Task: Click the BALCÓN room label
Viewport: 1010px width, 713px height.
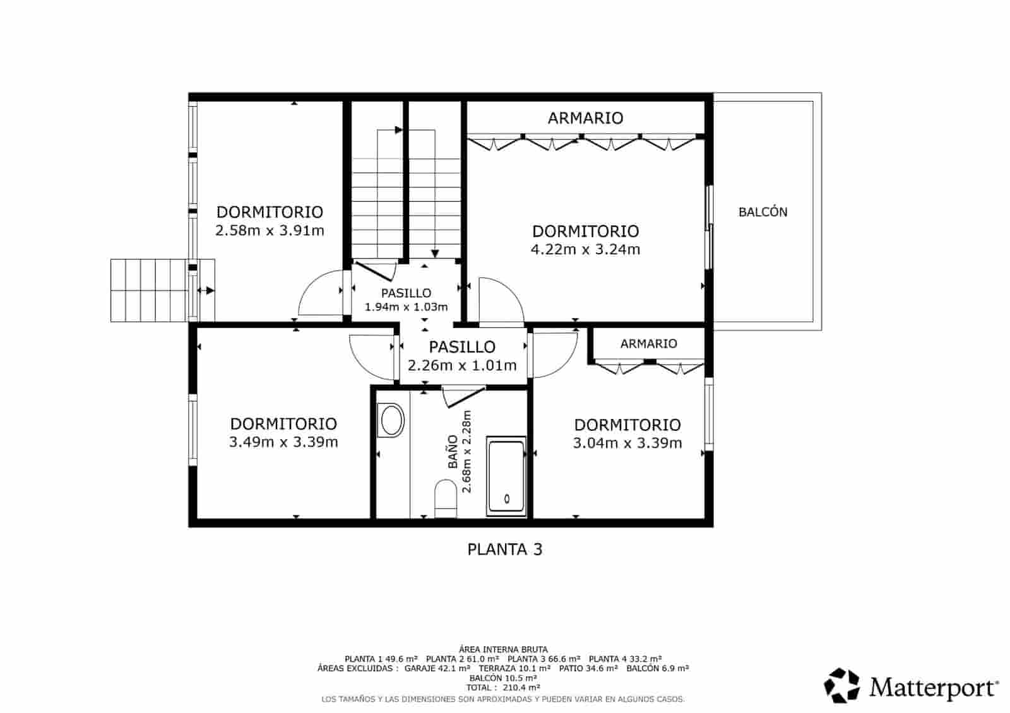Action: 763,212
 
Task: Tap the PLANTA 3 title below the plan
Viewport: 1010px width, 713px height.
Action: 504,550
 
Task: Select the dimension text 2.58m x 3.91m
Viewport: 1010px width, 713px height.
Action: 270,230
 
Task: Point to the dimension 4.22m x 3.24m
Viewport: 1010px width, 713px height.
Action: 585,249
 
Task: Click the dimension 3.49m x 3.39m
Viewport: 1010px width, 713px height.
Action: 283,442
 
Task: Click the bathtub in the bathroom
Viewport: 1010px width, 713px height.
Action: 506,476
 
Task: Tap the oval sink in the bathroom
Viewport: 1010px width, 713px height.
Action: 391,420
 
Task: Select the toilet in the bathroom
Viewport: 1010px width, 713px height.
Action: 446,499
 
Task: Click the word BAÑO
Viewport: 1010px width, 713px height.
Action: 453,452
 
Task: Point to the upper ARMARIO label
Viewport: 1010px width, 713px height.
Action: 585,118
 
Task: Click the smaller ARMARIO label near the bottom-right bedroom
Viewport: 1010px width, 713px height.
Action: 648,344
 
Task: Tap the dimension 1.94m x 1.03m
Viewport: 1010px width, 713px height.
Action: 406,307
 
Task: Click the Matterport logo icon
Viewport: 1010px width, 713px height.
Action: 841,685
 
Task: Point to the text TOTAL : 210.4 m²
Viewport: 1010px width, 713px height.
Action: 502,687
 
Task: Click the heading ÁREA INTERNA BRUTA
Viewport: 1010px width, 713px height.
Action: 503,649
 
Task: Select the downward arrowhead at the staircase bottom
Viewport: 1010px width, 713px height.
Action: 435,254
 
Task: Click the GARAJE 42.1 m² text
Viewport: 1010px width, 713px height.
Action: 437,668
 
